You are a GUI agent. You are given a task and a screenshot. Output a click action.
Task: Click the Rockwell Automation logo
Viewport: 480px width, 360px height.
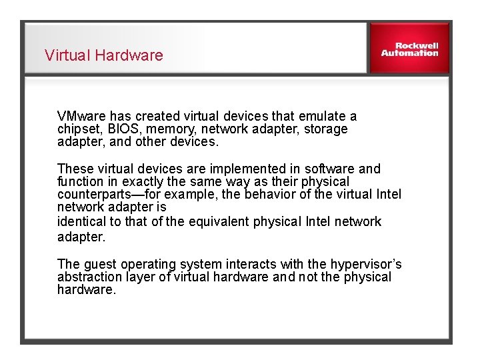[409, 49]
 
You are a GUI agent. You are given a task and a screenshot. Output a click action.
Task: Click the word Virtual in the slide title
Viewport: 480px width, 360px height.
[67, 55]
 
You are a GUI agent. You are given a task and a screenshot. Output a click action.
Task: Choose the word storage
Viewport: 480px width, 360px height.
[325, 129]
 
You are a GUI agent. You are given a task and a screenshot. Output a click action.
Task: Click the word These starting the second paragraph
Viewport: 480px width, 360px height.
[74, 169]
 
